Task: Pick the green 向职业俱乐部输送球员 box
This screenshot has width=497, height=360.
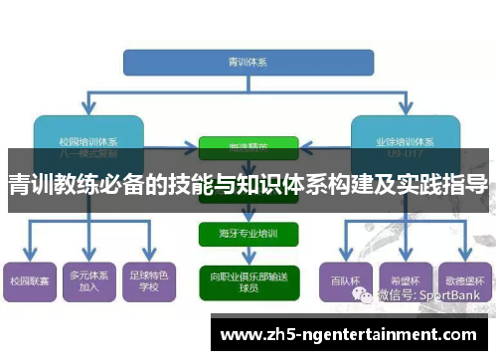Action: [248, 278]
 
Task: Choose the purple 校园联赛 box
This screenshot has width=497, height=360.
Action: [30, 280]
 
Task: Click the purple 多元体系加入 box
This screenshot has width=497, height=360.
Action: [89, 280]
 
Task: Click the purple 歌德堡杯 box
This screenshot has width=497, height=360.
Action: [466, 280]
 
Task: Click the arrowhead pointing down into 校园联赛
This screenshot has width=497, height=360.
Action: [30, 258]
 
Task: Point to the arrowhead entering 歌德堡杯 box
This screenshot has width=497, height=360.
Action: [466, 258]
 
